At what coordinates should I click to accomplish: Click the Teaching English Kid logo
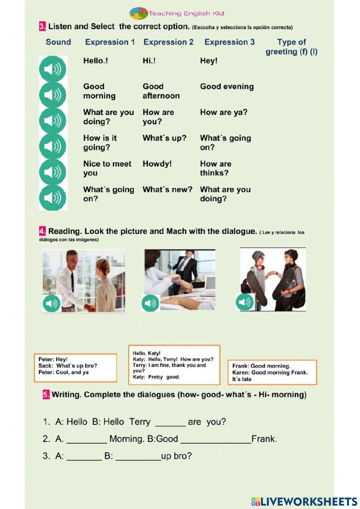click(176, 13)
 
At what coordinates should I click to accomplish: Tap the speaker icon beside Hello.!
click(53, 68)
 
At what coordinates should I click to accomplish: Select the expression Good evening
click(227, 86)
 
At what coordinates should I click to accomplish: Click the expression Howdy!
click(157, 164)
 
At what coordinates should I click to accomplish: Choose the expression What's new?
click(167, 189)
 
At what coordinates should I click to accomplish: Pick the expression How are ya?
click(224, 112)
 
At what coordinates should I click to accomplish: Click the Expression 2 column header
click(168, 42)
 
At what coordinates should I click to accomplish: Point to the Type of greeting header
click(291, 47)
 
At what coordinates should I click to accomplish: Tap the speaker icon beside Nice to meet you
click(53, 171)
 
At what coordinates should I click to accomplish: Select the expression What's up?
click(164, 138)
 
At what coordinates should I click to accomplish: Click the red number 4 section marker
click(42, 231)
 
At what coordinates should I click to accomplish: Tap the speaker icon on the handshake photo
click(51, 303)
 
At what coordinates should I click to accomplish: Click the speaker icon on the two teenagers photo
click(244, 302)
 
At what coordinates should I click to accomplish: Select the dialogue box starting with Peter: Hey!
click(75, 367)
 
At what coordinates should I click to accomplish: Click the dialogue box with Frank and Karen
click(272, 372)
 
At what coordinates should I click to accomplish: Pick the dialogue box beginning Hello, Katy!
click(174, 365)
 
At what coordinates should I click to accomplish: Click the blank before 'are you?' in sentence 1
click(170, 423)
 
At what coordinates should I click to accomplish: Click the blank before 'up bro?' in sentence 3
click(138, 457)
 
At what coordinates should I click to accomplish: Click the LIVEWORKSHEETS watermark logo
click(304, 501)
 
